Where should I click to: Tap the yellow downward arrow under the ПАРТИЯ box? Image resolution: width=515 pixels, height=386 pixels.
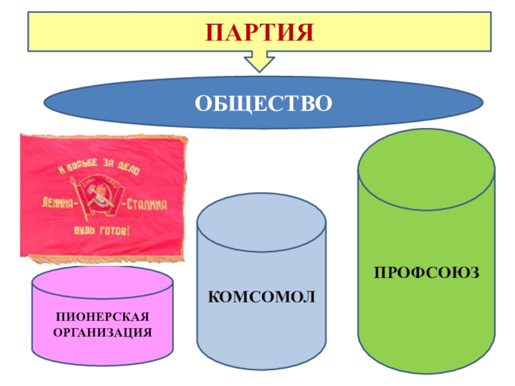pos(259,62)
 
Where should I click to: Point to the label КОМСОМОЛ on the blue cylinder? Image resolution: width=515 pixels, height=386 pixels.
pos(261,297)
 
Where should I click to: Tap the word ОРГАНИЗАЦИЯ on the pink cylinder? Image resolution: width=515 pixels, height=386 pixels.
pos(102,333)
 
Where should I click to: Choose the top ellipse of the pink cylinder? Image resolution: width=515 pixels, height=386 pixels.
pos(102,282)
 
